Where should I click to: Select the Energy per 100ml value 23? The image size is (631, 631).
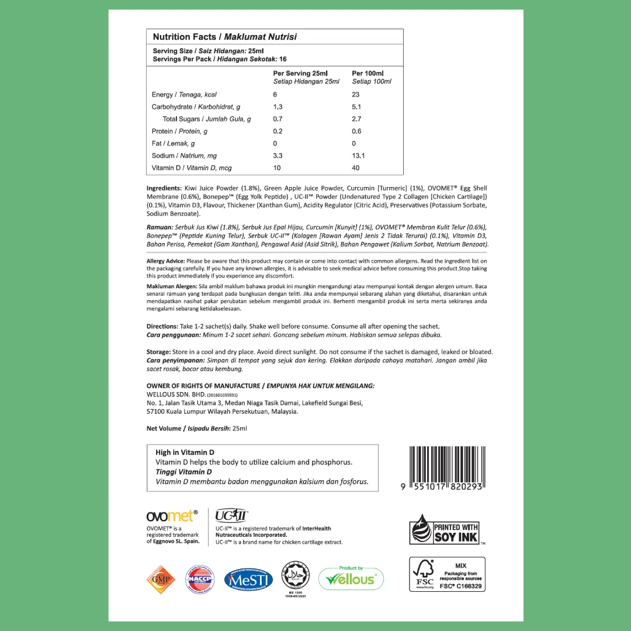pyautogui.click(x=356, y=95)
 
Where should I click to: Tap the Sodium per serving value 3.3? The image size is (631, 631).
pyautogui.click(x=278, y=156)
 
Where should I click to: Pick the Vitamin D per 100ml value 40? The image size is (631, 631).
pyautogui.click(x=356, y=168)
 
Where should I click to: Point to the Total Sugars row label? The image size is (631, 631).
pyautogui.click(x=207, y=119)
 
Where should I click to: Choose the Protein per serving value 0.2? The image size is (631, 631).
pyautogui.click(x=278, y=131)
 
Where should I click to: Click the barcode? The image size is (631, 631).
pyautogui.click(x=446, y=469)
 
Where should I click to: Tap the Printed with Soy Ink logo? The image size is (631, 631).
pyautogui.click(x=446, y=529)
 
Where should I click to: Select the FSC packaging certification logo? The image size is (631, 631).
pyautogui.click(x=447, y=574)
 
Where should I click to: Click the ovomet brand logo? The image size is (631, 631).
pyautogui.click(x=172, y=515)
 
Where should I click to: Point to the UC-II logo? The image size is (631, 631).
pyautogui.click(x=231, y=515)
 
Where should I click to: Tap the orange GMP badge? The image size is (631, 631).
pyautogui.click(x=161, y=580)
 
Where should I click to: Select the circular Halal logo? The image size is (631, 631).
pyautogui.click(x=295, y=577)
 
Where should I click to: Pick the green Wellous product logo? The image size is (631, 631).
pyautogui.click(x=351, y=578)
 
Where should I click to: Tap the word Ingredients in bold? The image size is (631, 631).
pyautogui.click(x=164, y=189)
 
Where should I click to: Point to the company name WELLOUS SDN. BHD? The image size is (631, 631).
pyautogui.click(x=175, y=394)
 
